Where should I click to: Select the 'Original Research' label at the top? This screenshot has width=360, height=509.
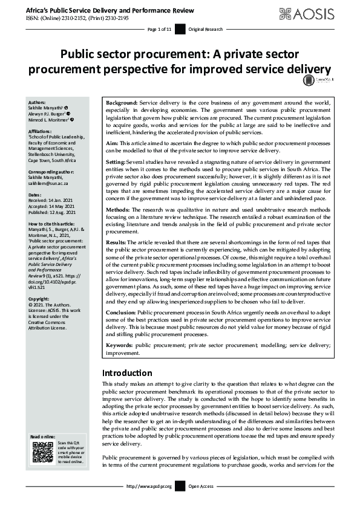[x=204, y=30]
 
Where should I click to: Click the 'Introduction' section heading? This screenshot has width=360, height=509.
[x=127, y=373]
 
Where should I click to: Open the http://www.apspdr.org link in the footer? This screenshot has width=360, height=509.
[x=149, y=485]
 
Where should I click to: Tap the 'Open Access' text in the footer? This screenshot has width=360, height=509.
[x=200, y=485]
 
